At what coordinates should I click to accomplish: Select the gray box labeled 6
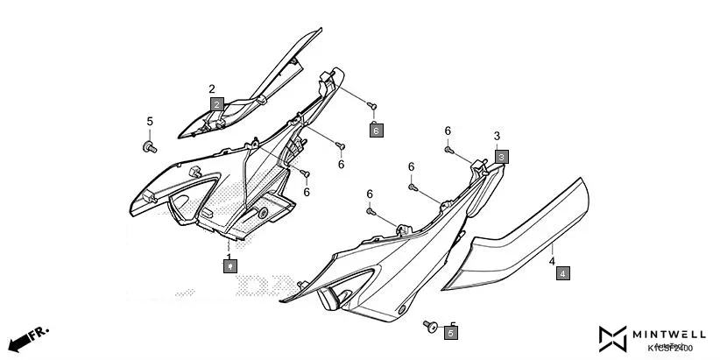point(376,131)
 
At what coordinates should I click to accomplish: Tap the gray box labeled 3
point(501,156)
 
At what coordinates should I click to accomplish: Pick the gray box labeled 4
point(562,273)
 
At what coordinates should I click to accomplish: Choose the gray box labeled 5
point(451,333)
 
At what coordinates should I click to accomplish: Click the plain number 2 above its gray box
point(212,88)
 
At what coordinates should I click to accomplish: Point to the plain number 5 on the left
point(149,121)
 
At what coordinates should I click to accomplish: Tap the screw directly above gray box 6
point(372,106)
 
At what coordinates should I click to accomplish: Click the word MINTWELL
point(670,334)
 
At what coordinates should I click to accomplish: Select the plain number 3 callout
point(497,137)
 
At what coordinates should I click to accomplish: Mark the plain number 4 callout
point(552,261)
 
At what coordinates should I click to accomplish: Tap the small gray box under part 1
point(229,264)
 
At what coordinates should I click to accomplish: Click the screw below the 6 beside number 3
point(448,150)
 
